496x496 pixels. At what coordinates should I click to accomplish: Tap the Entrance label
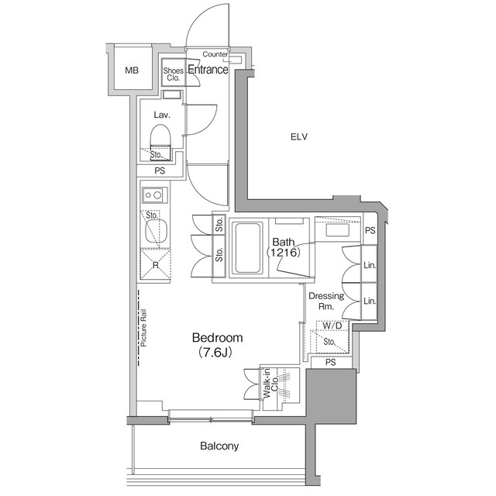pyautogui.click(x=208, y=70)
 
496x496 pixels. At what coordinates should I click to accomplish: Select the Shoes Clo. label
pyautogui.click(x=173, y=74)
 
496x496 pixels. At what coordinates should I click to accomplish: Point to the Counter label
pyautogui.click(x=215, y=54)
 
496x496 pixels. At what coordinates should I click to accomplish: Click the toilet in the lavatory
pyautogui.click(x=160, y=141)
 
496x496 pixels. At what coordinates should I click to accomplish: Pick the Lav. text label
pyautogui.click(x=161, y=115)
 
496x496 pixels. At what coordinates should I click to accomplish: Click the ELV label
pyautogui.click(x=299, y=137)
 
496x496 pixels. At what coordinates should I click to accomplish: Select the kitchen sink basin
pyautogui.click(x=155, y=229)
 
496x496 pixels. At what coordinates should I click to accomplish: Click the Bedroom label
pyautogui.click(x=218, y=338)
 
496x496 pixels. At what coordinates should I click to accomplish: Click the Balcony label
pyautogui.click(x=219, y=446)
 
